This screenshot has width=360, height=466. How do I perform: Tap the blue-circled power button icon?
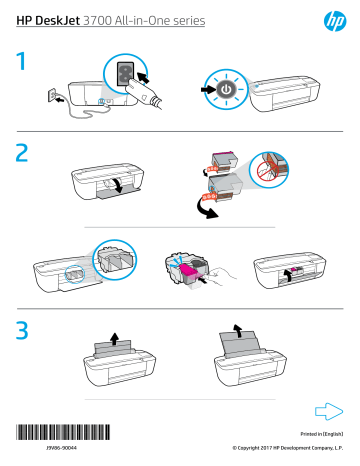pyautogui.click(x=226, y=87)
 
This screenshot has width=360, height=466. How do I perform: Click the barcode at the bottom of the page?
pyautogui.click(x=62, y=433)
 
